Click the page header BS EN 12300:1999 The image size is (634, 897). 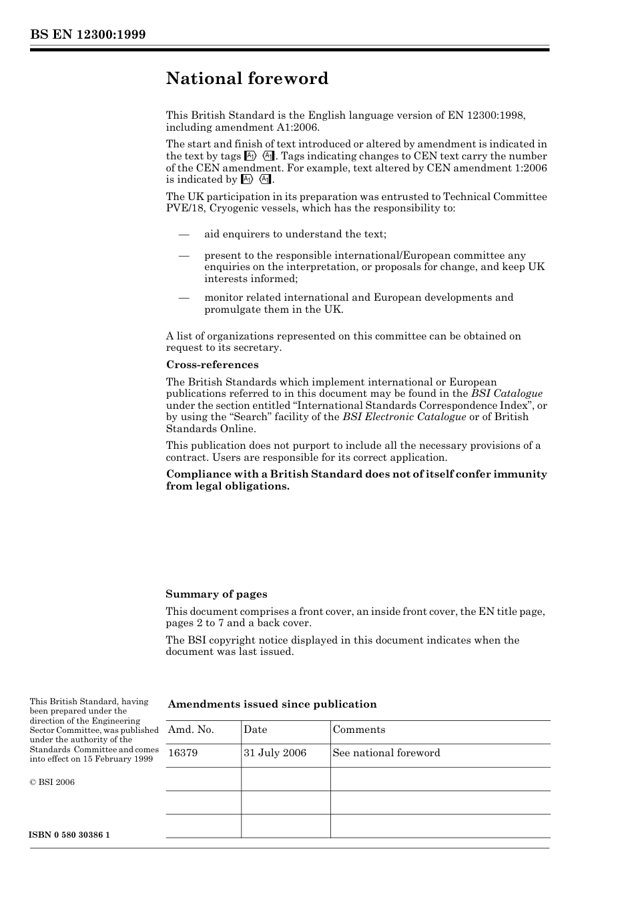pyautogui.click(x=87, y=35)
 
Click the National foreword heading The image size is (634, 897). pyautogui.click(x=247, y=79)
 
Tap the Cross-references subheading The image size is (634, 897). pyautogui.click(x=212, y=365)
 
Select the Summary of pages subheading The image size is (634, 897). pyautogui.click(x=216, y=594)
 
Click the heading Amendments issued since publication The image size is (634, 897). pyautogui.click(x=272, y=704)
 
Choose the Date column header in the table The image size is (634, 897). pyautogui.click(x=255, y=730)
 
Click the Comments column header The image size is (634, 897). pyautogui.click(x=358, y=730)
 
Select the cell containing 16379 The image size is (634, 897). pyautogui.click(x=182, y=753)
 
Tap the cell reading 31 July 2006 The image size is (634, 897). pyautogui.click(x=274, y=753)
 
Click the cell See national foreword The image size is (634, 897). pyautogui.click(x=386, y=753)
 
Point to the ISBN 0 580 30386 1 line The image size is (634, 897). pyautogui.click(x=69, y=835)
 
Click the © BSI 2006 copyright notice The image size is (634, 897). pyautogui.click(x=52, y=782)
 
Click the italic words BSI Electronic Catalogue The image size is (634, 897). pyautogui.click(x=404, y=417)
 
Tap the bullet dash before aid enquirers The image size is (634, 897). pyautogui.click(x=184, y=234)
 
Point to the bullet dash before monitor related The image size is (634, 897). pyautogui.click(x=184, y=297)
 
